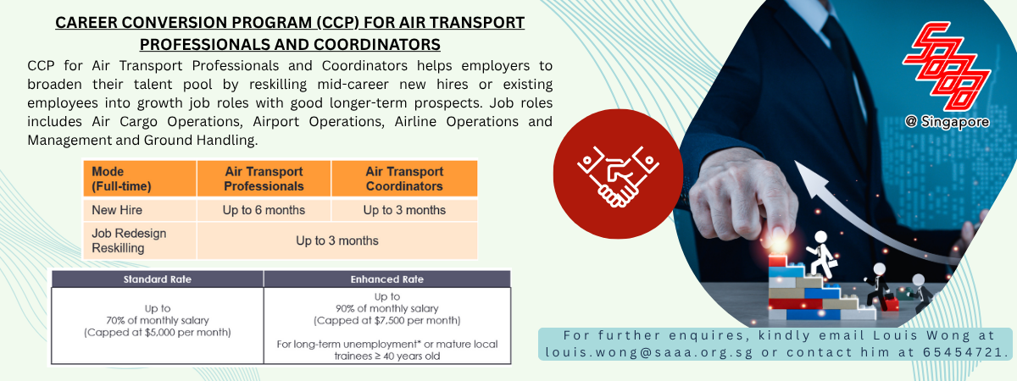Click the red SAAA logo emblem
tap(948, 66)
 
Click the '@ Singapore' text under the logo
tap(948, 122)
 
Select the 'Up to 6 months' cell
tap(264, 210)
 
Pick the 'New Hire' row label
tap(117, 210)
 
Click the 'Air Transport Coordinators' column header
tap(404, 179)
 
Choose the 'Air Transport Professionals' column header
tap(264, 179)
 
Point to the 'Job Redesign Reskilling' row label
tap(129, 240)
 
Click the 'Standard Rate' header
tap(158, 279)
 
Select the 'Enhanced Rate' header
tap(386, 279)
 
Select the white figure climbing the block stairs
tap(822, 255)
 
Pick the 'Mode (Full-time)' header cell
tap(121, 179)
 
